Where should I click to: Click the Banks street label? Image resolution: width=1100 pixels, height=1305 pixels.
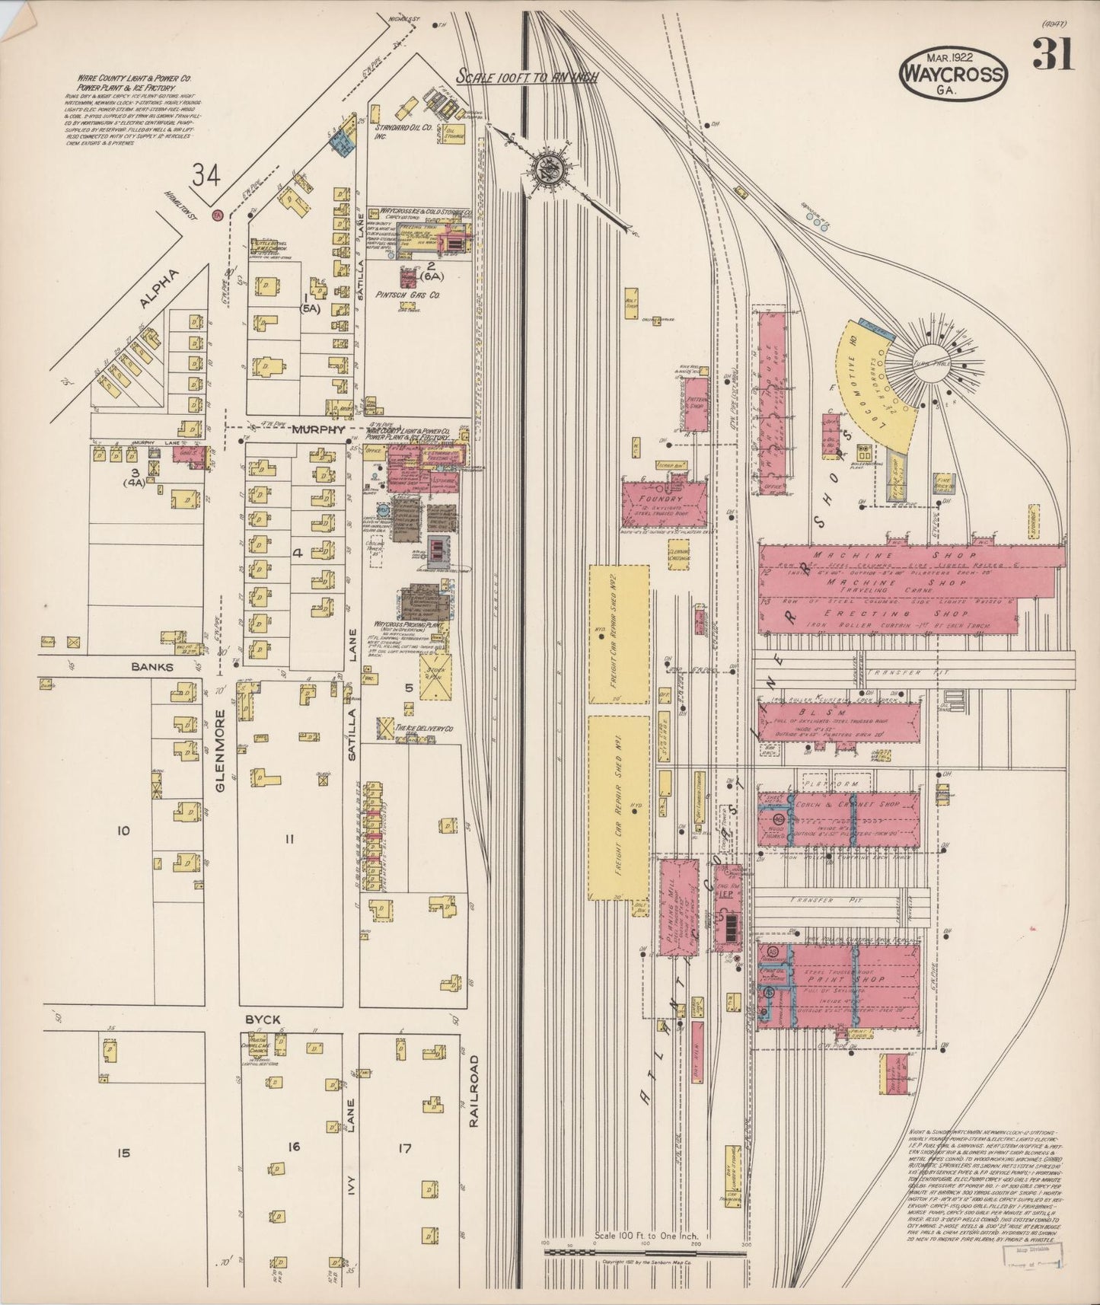153,667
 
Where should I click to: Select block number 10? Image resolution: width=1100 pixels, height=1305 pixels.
123,831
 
